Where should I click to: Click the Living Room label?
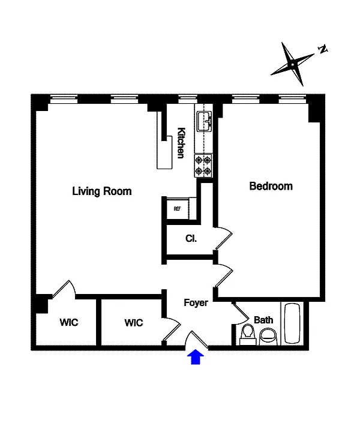click(101, 191)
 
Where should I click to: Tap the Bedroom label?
click(271, 186)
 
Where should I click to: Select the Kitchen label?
click(181, 143)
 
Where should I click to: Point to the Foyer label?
click(196, 302)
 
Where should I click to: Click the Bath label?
click(263, 320)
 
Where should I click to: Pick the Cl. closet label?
click(191, 238)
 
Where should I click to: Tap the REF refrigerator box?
click(178, 209)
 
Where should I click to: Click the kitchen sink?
click(205, 121)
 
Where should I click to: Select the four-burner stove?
click(203, 165)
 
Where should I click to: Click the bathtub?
click(292, 323)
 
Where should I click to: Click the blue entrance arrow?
click(196, 357)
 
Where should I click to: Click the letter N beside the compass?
click(322, 49)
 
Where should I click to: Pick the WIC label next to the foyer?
click(134, 323)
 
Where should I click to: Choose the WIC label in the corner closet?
click(68, 322)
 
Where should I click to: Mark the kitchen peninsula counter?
click(164, 150)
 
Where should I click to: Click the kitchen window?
click(187, 100)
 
